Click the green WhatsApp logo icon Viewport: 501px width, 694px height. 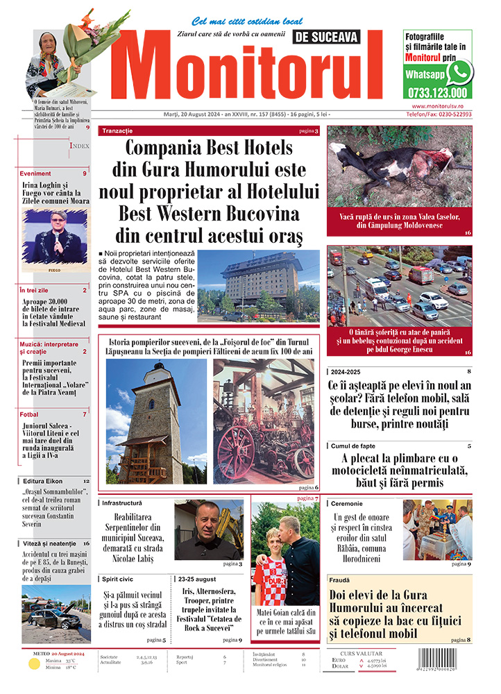coord(459,72)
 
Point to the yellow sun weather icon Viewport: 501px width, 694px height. coord(33,663)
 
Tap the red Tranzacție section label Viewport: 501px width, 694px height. coord(117,130)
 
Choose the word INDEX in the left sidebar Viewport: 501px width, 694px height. coord(79,146)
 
